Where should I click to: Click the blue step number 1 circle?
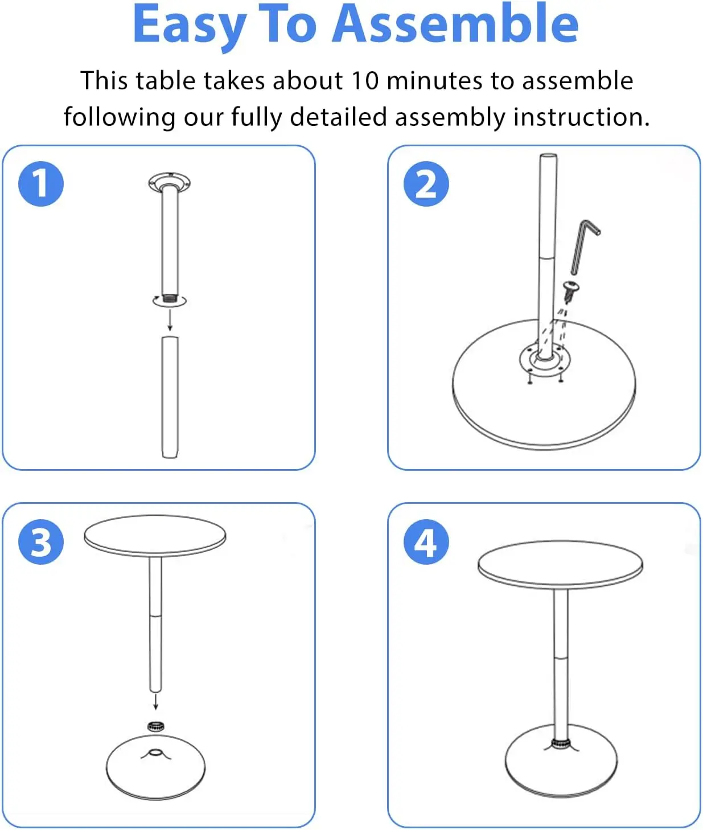41,184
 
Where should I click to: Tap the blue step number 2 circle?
426,184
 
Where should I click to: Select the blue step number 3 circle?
41,541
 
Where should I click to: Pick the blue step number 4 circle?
426,541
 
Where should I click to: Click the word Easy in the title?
188,25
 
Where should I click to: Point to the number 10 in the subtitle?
364,80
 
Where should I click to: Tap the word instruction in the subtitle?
581,117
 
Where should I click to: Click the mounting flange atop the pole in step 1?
169,183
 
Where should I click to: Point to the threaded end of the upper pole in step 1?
169,297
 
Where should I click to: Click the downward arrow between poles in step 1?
170,319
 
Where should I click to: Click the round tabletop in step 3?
155,536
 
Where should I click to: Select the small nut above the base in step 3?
155,726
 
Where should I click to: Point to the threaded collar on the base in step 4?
561,743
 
